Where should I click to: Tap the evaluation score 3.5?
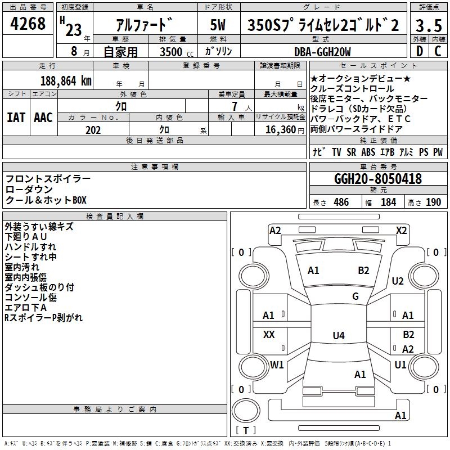click(x=427, y=25)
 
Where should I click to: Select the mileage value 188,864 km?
click(x=66, y=80)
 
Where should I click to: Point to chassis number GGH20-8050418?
click(x=377, y=179)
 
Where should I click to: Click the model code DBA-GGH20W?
click(x=322, y=52)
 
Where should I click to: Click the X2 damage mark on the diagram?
click(x=402, y=230)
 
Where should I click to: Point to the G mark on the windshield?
click(x=355, y=296)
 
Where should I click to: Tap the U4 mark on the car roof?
click(x=338, y=336)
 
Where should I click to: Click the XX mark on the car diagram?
click(x=269, y=335)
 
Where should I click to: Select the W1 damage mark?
click(x=277, y=364)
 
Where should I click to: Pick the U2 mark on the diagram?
click(x=398, y=281)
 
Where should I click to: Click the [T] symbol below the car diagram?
click(x=246, y=431)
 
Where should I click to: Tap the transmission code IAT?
click(x=16, y=118)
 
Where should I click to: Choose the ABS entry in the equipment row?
click(x=368, y=152)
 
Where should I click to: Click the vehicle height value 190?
click(x=434, y=202)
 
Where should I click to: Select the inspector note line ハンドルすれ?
click(x=30, y=247)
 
